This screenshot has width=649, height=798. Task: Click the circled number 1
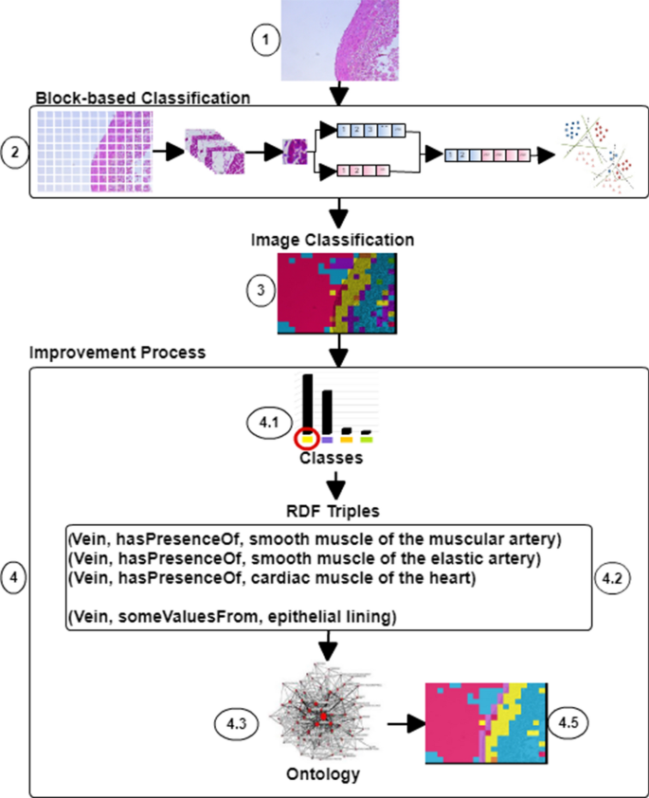[266, 40]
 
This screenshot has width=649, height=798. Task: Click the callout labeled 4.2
[612, 576]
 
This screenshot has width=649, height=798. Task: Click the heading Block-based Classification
[142, 97]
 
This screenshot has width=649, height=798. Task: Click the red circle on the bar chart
[306, 438]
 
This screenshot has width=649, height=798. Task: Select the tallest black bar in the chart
[307, 402]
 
